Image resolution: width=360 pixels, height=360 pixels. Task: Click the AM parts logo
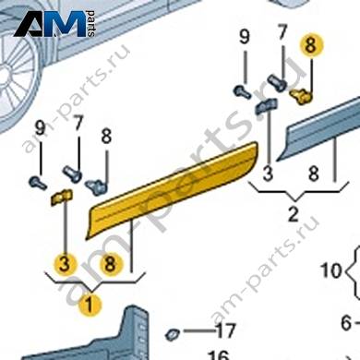54,24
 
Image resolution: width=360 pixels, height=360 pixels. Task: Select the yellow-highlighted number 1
90,305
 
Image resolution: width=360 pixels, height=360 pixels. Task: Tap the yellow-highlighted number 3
64,264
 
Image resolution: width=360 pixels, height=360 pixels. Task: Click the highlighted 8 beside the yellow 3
110,264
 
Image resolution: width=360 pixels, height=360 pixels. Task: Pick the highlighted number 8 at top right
310,46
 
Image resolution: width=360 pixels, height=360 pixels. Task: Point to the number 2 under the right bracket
293,214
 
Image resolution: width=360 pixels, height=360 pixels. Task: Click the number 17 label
225,330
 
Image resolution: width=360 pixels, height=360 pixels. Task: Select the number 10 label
331,270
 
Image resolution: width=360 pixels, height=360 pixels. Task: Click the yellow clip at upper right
302,95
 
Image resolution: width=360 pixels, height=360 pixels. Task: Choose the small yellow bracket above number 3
62,198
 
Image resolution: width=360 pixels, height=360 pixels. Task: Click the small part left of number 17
173,334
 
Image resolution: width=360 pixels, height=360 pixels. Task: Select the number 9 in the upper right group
245,37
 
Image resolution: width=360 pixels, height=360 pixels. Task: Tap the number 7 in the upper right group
282,32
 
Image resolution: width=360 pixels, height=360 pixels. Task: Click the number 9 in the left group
41,128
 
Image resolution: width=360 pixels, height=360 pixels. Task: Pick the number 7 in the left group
78,123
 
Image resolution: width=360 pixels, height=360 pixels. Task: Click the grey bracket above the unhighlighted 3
266,106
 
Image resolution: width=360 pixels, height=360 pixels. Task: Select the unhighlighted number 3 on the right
268,174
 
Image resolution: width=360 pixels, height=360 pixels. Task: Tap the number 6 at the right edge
346,323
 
